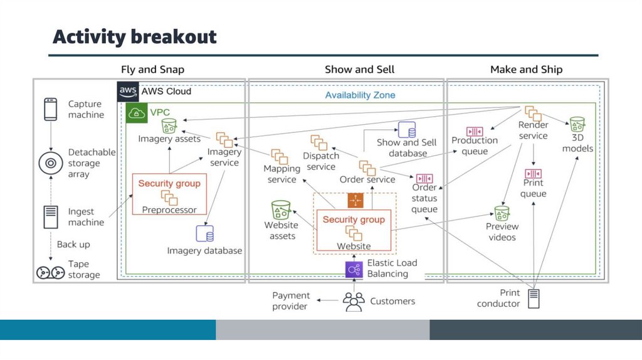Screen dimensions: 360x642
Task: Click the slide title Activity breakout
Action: tap(134, 37)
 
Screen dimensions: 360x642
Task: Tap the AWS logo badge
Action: tap(128, 92)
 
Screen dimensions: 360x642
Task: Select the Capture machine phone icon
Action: tap(50, 109)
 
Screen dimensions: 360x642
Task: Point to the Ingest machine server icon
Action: tap(50, 217)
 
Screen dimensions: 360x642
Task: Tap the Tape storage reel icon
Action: tap(50, 272)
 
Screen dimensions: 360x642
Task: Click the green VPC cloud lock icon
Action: tap(135, 114)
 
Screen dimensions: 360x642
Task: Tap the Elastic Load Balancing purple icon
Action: tap(354, 269)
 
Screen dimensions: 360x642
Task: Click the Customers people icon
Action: tap(354, 302)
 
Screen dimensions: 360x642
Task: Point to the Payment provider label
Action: tap(290, 301)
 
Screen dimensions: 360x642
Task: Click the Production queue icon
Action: tap(475, 131)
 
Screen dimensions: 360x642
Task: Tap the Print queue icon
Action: tap(533, 173)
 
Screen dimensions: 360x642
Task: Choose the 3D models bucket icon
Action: tap(577, 124)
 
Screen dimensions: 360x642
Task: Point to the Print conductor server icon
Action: tap(534, 299)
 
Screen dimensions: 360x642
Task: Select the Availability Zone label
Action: tap(360, 95)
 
